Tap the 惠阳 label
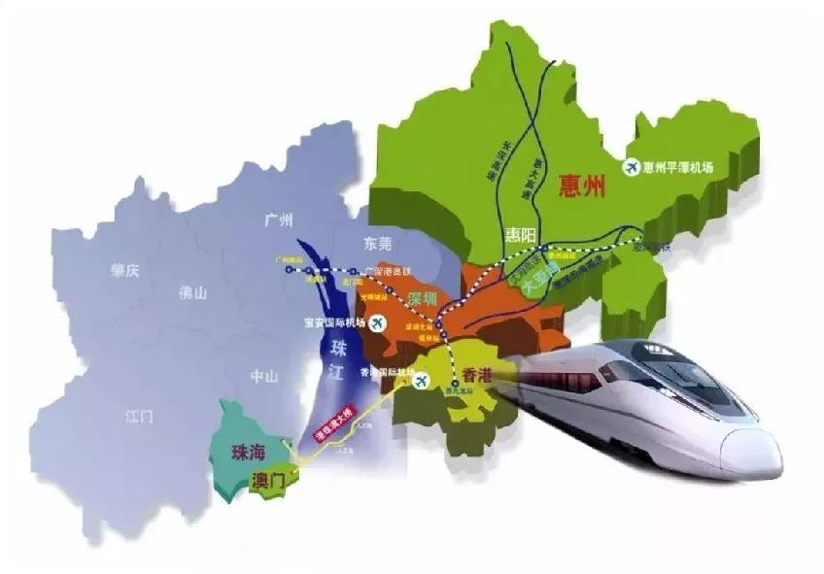(521, 235)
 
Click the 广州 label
(279, 221)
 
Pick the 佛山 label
(193, 290)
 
